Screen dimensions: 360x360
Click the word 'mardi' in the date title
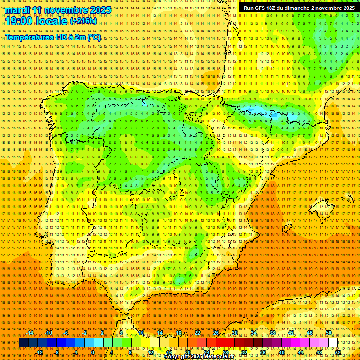click(x=17, y=10)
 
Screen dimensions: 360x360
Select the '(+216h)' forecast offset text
click(x=83, y=21)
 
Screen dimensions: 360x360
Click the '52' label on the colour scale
click(x=338, y=352)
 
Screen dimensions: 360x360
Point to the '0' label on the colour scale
click(x=93, y=352)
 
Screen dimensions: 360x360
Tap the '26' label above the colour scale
click(x=216, y=333)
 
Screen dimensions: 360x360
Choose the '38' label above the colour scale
click(x=272, y=333)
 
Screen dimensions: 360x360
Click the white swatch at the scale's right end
click(x=333, y=343)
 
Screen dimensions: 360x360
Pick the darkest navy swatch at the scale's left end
click(x=23, y=343)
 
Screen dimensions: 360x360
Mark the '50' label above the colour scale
click(x=329, y=333)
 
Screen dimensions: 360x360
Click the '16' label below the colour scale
click(x=169, y=352)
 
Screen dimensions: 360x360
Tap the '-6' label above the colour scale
click(x=67, y=333)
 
